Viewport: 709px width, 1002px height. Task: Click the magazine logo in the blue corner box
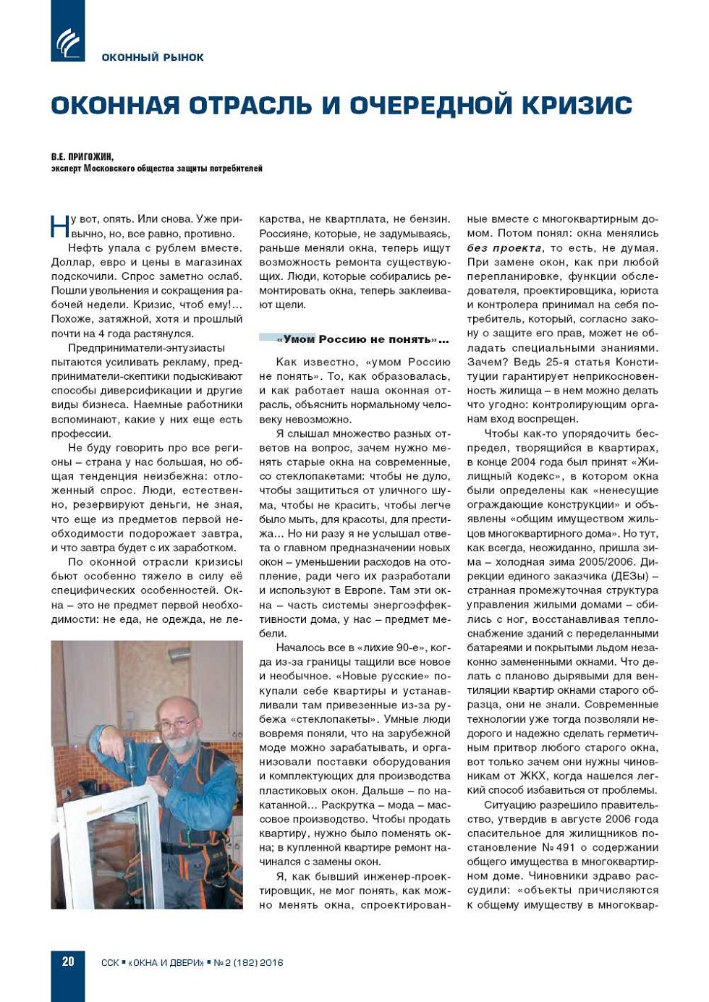click(68, 43)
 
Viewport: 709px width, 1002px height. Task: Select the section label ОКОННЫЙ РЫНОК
click(153, 57)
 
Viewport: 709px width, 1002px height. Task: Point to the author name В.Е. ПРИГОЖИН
click(82, 156)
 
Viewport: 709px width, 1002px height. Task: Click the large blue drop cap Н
click(60, 226)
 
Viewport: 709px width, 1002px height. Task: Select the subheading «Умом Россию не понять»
click(362, 339)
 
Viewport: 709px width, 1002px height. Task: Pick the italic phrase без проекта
click(504, 247)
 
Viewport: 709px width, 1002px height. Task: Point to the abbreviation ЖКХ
click(533, 776)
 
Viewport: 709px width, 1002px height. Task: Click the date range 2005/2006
click(594, 561)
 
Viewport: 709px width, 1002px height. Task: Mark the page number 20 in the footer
click(68, 961)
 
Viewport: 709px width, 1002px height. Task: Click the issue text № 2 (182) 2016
click(248, 963)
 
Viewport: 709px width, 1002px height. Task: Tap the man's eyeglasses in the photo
click(175, 724)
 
